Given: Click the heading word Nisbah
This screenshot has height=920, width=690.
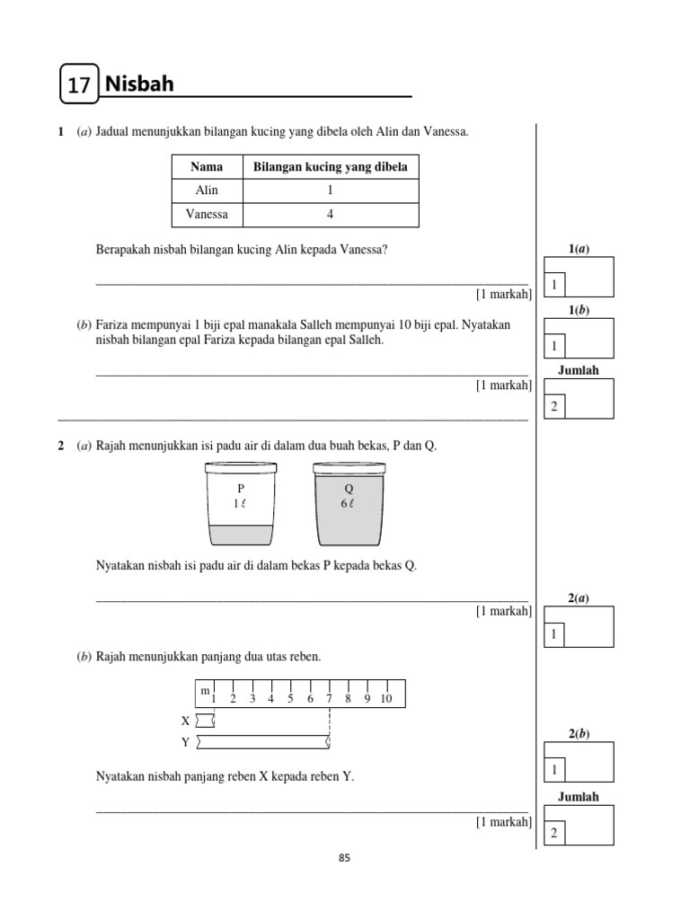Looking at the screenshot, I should pos(139,84).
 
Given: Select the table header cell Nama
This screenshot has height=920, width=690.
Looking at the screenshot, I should pos(207,167).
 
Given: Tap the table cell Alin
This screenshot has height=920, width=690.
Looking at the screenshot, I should pos(207,190).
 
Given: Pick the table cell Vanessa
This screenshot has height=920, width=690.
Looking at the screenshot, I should pos(207,215).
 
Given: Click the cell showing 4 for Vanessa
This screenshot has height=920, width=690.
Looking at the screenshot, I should pos(331,215).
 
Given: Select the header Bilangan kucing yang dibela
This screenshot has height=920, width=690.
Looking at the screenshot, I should pos(331,167).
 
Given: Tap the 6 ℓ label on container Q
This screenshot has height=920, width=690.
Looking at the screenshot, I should pos(348,504).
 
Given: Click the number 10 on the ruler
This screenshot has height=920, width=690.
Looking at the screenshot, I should pos(386,699).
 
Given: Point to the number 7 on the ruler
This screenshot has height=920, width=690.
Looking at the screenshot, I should pos(329,699).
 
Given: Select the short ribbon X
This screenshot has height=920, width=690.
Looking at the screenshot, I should pos(206,720).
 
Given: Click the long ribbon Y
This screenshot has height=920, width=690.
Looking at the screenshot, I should pos(262,742).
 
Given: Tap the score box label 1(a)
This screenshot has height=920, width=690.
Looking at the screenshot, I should pos(579,248).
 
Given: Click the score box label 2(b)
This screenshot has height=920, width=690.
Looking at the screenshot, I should pos(579,733).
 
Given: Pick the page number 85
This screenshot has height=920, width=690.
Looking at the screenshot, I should pos(344,858).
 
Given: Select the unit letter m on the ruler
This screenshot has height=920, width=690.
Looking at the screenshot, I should pos(205,690).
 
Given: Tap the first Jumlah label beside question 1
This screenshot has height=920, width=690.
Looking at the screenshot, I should pos(578,370).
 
